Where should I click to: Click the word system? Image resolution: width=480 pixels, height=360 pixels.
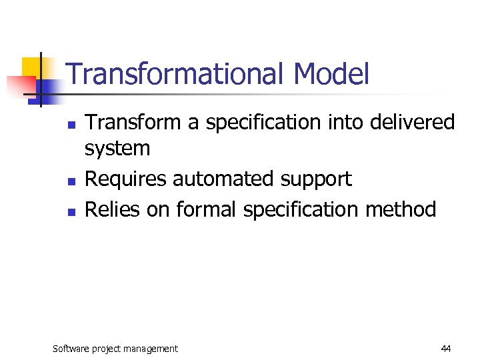pos(117,149)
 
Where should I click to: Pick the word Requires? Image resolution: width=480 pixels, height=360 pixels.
pos(126,179)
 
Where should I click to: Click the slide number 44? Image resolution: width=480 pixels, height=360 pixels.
pos(446,349)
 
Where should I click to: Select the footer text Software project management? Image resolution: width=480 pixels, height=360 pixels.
pos(115,349)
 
